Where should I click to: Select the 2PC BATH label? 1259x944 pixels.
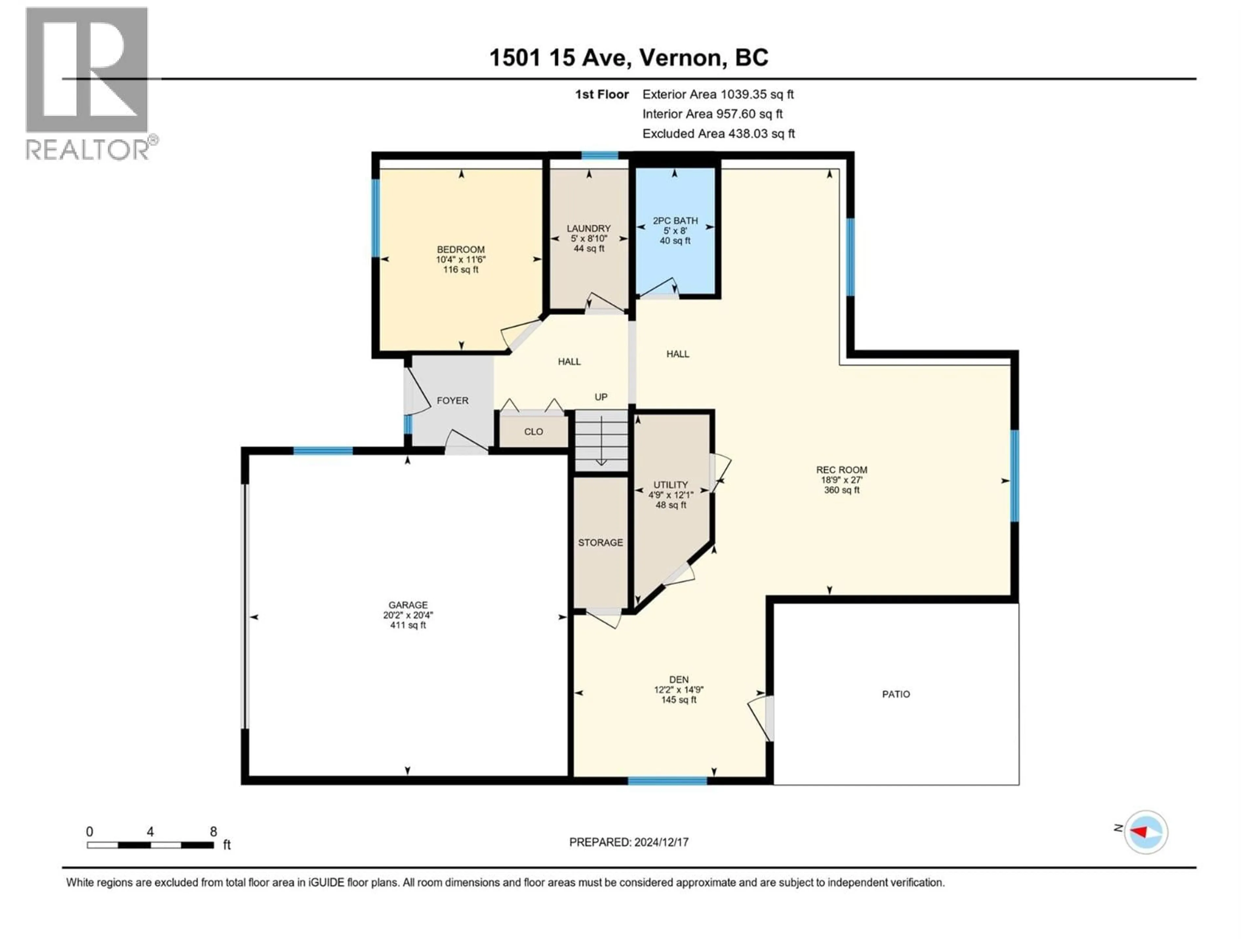[675, 221]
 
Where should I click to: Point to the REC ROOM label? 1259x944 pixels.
[841, 470]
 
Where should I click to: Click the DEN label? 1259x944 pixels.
[678, 679]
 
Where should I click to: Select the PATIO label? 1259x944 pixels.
[896, 694]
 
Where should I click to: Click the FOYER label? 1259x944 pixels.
[452, 401]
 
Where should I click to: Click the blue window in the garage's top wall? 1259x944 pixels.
[323, 451]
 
